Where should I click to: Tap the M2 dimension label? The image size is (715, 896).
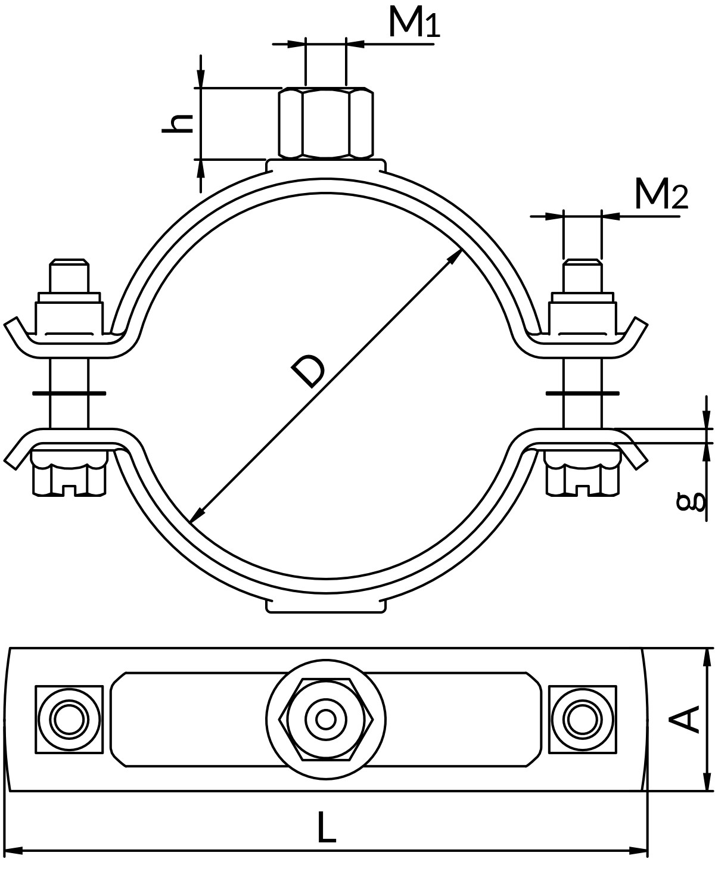(x=661, y=194)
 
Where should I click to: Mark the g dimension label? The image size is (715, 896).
(x=691, y=502)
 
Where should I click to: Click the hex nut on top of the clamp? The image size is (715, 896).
(x=326, y=123)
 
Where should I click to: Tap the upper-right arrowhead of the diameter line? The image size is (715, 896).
(x=455, y=256)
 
